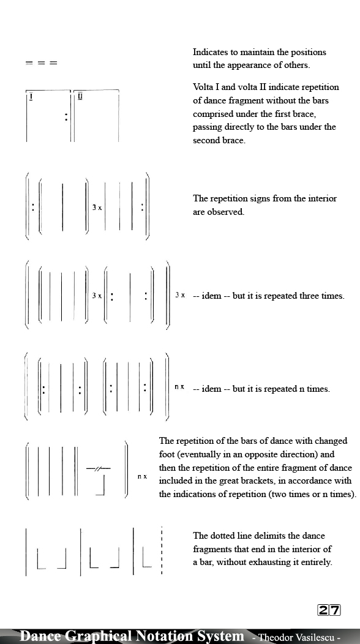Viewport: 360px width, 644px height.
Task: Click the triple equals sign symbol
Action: [x=41, y=63]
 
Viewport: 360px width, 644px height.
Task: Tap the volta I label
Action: [x=31, y=96]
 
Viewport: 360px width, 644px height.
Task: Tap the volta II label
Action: [x=80, y=96]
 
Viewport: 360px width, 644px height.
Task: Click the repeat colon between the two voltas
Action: [x=66, y=116]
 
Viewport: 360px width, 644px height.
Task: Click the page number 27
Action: [x=329, y=610]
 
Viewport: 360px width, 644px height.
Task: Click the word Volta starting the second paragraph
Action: [x=204, y=87]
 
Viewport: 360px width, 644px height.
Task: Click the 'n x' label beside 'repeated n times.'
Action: [x=179, y=387]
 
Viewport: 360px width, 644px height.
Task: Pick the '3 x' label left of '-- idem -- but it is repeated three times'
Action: [x=180, y=295]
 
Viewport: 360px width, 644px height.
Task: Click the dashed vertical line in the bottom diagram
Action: [x=161, y=551]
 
